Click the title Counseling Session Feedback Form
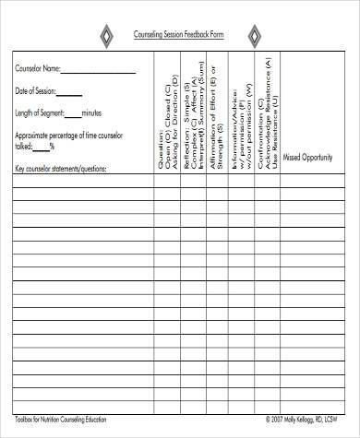[178, 35]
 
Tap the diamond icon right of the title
[253, 35]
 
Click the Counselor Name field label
[38, 67]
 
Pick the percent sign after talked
[52, 145]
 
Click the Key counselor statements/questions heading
[61, 169]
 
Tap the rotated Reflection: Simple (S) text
[186, 114]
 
